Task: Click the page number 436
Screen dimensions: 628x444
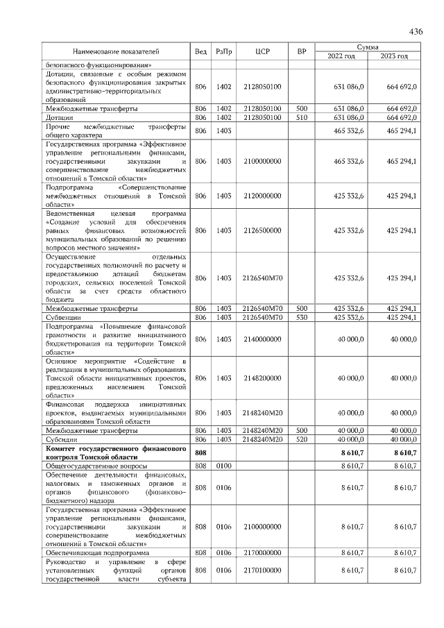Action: [x=416, y=31]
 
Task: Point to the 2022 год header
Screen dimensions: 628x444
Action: [x=341, y=56]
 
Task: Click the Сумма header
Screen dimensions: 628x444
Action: [x=367, y=46]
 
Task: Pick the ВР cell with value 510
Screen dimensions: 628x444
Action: [x=302, y=118]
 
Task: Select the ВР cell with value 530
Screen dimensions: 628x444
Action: [x=302, y=317]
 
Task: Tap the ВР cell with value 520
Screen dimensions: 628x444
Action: [x=302, y=439]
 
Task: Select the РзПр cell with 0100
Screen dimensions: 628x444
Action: [x=223, y=466]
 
